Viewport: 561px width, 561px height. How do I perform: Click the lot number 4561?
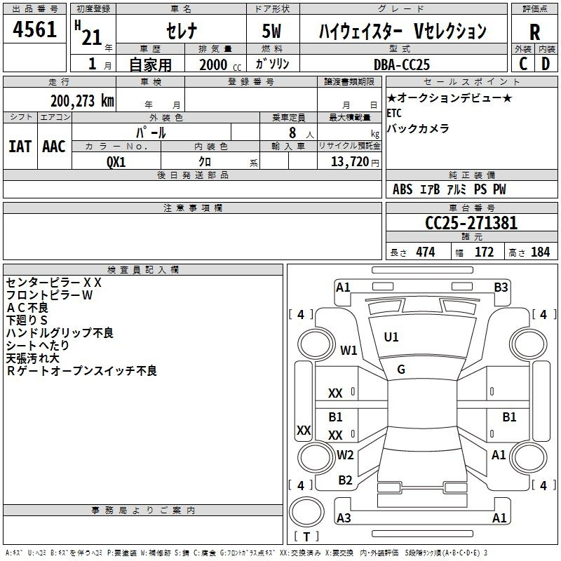[x=34, y=29]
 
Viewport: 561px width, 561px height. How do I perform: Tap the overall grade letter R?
[x=534, y=32]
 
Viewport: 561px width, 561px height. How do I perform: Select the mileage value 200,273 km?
[x=82, y=101]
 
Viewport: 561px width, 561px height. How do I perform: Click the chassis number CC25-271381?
[x=471, y=223]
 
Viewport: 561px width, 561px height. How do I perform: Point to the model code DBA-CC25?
[x=401, y=65]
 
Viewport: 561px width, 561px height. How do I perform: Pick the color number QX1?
[x=116, y=162]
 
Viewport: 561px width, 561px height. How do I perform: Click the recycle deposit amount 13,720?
[x=349, y=162]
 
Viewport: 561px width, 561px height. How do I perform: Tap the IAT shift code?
[x=20, y=147]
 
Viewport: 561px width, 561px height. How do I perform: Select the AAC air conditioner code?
[x=54, y=147]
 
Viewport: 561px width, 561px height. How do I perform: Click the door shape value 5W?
[x=271, y=31]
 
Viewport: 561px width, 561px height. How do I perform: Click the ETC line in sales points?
[x=394, y=113]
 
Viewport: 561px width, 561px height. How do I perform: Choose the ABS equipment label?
[x=403, y=189]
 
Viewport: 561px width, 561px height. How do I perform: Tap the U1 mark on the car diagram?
[x=391, y=337]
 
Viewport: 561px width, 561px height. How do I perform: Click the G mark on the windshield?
[x=401, y=370]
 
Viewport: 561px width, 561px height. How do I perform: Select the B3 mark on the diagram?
[x=501, y=288]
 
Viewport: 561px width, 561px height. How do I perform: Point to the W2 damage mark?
[x=345, y=455]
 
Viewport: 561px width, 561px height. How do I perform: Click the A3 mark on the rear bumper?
[x=344, y=518]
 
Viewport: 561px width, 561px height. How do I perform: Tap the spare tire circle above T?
[x=306, y=511]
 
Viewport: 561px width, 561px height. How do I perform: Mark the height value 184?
[x=540, y=252]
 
